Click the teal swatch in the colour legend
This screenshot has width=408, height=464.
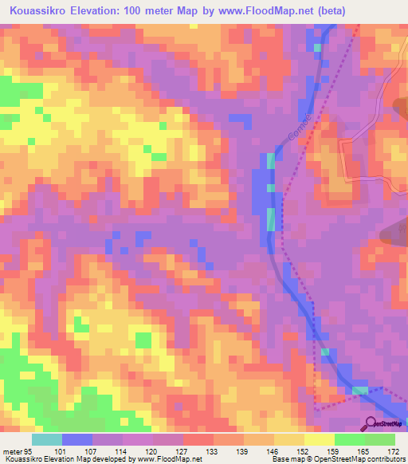(x=47, y=439)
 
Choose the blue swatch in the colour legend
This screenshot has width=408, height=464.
(x=77, y=439)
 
